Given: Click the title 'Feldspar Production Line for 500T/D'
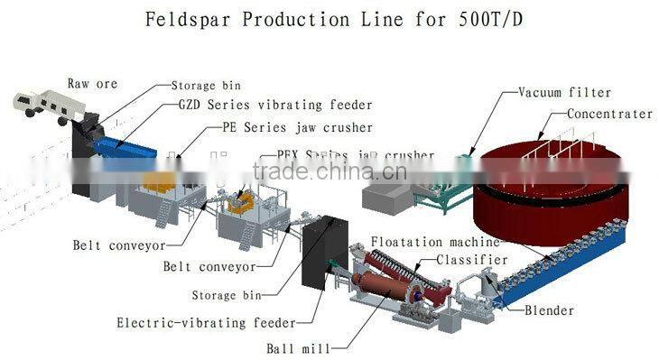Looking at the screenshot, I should point(329,21).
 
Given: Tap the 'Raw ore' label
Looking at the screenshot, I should point(93,84).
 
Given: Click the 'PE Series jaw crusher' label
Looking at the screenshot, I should point(297,128).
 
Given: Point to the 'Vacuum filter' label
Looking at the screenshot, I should point(564,92).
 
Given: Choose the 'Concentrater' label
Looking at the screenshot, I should point(609,115).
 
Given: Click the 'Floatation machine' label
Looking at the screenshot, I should point(435,242).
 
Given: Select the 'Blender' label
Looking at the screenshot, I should point(549,310).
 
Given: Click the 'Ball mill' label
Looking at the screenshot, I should point(298,346).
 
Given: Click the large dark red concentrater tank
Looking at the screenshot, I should point(551,194).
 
